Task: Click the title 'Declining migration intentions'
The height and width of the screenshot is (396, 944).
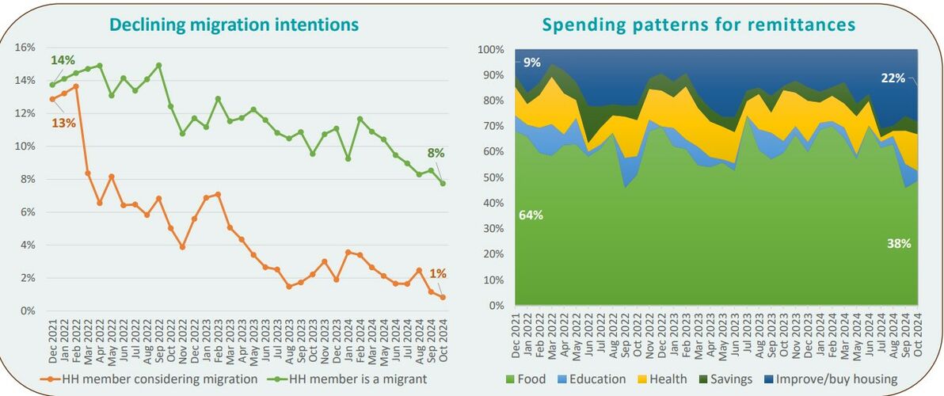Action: pyautogui.click(x=234, y=25)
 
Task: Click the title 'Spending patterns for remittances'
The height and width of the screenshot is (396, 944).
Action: pyautogui.click(x=698, y=25)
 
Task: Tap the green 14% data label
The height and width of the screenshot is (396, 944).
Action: pyautogui.click(x=63, y=60)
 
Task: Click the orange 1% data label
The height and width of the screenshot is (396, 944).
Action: pyautogui.click(x=438, y=273)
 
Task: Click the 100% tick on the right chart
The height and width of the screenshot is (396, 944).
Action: pyautogui.click(x=489, y=50)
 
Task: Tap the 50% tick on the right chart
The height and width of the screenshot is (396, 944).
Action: pyautogui.click(x=492, y=178)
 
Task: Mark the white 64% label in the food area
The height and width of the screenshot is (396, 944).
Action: pyautogui.click(x=531, y=215)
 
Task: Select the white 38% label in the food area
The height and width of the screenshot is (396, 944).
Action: pyautogui.click(x=899, y=244)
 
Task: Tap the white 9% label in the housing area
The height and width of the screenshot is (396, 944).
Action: pyautogui.click(x=532, y=63)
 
